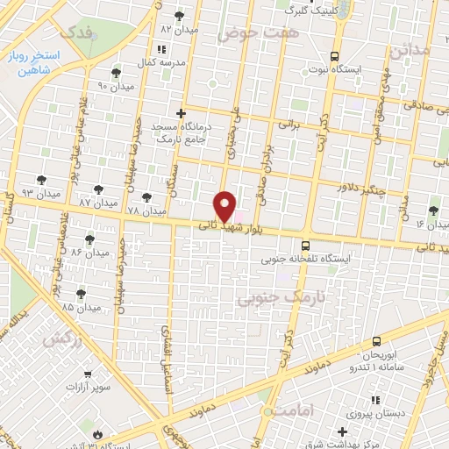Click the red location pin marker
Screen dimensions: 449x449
click(x=225, y=206)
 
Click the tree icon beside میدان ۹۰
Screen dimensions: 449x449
click(x=117, y=73)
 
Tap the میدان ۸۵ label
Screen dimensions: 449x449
click(x=55, y=308)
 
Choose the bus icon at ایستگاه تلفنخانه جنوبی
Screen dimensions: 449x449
click(x=304, y=246)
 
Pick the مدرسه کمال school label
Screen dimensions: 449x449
click(x=160, y=64)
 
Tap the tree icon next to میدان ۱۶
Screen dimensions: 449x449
click(x=433, y=210)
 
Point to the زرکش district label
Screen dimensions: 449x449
click(x=67, y=339)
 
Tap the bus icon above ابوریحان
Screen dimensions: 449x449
click(x=376, y=340)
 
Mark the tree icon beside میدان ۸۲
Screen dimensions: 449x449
click(x=180, y=16)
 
